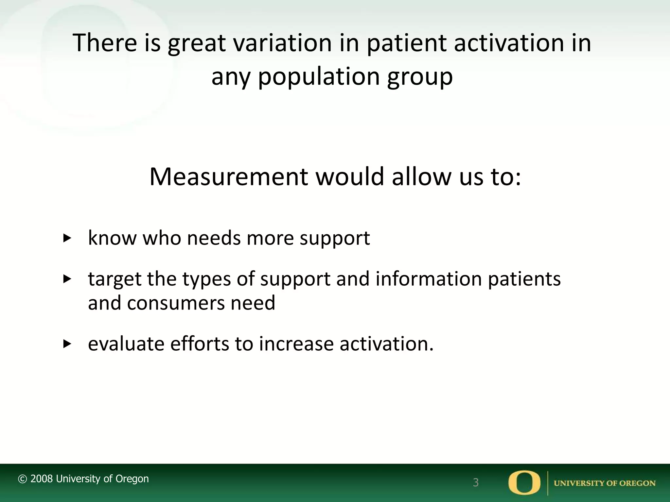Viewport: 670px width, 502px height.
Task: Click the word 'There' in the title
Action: pyautogui.click(x=105, y=43)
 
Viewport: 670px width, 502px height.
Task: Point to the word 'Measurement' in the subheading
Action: pyautogui.click(x=228, y=177)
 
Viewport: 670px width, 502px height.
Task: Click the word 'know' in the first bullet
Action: pyautogui.click(x=112, y=238)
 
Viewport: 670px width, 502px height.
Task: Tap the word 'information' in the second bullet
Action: pyautogui.click(x=429, y=279)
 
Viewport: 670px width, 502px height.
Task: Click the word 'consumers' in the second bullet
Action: pyautogui.click(x=175, y=303)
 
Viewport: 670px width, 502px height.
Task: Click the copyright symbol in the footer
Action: pyautogui.click(x=22, y=479)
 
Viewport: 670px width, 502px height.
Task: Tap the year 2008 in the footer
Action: pyautogui.click(x=42, y=479)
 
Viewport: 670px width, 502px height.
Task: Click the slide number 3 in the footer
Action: pyautogui.click(x=476, y=482)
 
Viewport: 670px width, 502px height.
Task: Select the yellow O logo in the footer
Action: pyautogui.click(x=524, y=482)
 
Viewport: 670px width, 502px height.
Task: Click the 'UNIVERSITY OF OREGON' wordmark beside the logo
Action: pyautogui.click(x=605, y=483)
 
